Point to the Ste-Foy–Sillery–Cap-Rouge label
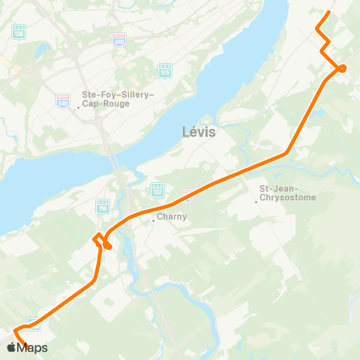[x=118, y=99]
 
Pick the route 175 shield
[x=165, y=70]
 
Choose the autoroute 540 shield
[x=64, y=100]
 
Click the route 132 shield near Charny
[x=157, y=190]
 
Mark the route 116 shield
[x=102, y=205]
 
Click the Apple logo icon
[x=11, y=347]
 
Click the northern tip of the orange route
[x=329, y=12]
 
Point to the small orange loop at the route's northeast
[x=342, y=68]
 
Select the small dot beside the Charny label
[x=153, y=220]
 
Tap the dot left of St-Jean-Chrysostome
[x=256, y=201]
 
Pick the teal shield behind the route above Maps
[x=34, y=324]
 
